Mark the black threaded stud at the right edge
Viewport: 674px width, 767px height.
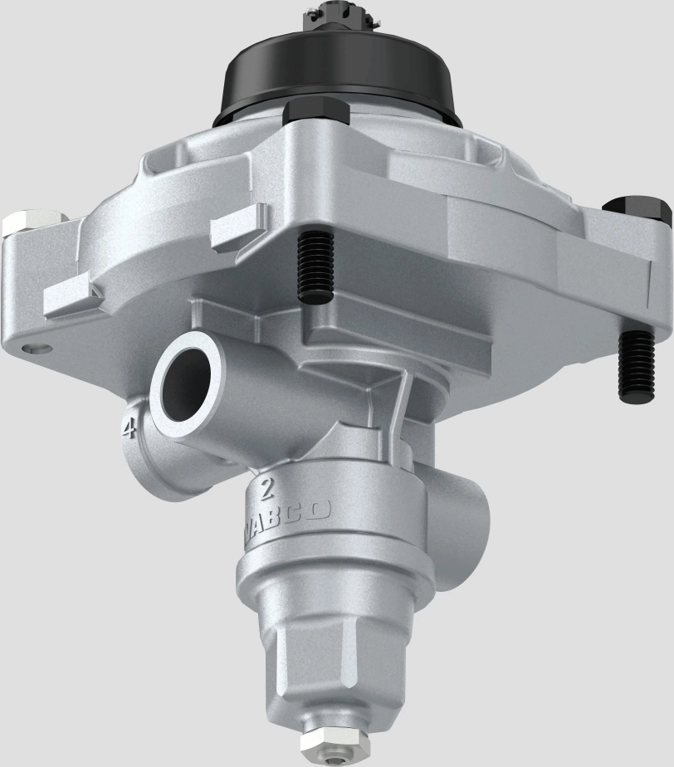637,364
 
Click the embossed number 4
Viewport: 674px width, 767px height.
129,429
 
